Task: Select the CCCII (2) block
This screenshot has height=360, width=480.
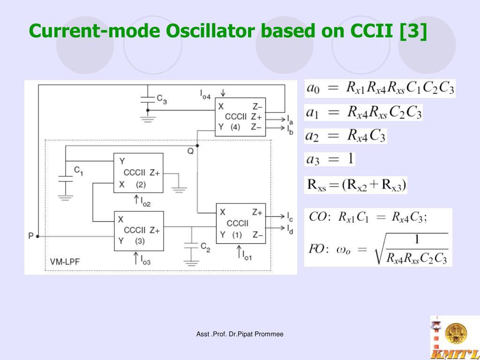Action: coord(138,172)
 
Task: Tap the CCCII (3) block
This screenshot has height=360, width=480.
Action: coord(139,231)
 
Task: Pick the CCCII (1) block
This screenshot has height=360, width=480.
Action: coord(240,223)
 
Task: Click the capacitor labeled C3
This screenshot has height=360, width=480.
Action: coord(148,99)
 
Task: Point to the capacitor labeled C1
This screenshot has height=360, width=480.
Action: coord(65,177)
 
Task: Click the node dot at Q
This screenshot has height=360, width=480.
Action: coord(197,145)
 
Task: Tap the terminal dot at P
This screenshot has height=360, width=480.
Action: coord(37,236)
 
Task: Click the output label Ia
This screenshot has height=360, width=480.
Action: coord(291,119)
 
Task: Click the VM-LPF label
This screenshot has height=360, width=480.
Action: coord(65,262)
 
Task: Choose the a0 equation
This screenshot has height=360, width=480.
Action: coord(380,88)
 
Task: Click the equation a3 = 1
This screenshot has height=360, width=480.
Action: coord(330,159)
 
